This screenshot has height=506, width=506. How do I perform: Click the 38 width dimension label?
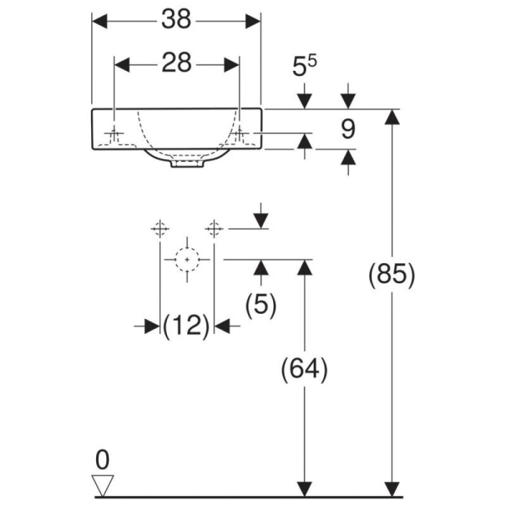tap(176, 19)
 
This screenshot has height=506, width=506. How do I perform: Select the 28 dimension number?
tap(177, 62)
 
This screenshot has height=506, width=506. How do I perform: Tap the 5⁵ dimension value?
tap(304, 66)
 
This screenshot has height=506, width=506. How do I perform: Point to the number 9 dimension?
tap(348, 129)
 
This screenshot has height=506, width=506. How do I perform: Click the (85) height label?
tap(392, 276)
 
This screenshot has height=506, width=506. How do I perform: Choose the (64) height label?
tap(305, 370)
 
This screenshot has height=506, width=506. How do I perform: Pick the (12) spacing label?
tap(187, 326)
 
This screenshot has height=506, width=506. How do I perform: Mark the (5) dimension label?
tap(261, 305)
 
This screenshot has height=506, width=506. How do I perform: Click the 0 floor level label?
tap(103, 460)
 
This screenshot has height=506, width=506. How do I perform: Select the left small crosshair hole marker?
tap(160, 229)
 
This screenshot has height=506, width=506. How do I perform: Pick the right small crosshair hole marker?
tap(214, 229)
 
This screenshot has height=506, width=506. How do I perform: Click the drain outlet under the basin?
tap(187, 164)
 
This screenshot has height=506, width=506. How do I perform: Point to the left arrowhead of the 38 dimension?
tap(100, 21)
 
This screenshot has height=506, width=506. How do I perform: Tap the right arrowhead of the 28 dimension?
tap(232, 65)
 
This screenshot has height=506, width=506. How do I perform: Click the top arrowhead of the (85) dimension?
tap(392, 117)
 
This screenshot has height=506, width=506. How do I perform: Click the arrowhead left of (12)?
tap(152, 326)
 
